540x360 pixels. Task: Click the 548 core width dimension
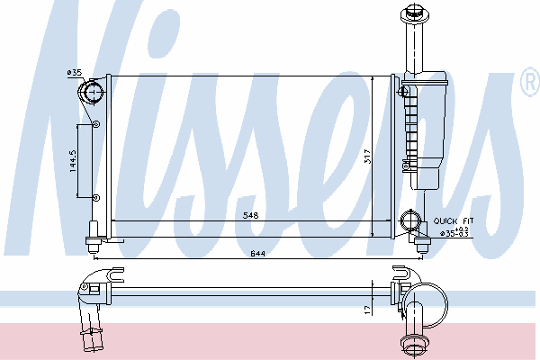[x=251, y=215]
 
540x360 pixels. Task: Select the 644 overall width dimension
[x=257, y=254]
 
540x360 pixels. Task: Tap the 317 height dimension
[x=367, y=157]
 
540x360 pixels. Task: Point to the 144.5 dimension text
[x=73, y=161]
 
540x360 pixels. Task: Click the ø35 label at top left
[x=75, y=72]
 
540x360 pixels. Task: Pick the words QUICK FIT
[x=454, y=220]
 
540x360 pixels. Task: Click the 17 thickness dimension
[x=368, y=310]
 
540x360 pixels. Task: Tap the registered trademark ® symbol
[x=530, y=82]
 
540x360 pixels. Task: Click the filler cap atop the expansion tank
[x=415, y=13]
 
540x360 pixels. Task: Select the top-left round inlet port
[x=92, y=93]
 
